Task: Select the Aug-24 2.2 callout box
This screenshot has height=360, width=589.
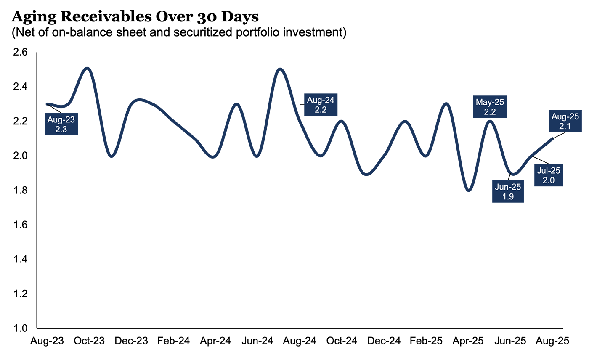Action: tap(321, 105)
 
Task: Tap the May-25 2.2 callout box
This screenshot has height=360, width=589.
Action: tap(490, 107)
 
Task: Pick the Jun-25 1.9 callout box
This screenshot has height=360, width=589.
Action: tap(508, 192)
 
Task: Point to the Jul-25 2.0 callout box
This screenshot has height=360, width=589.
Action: tap(549, 175)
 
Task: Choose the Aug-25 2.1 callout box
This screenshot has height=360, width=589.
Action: tap(565, 122)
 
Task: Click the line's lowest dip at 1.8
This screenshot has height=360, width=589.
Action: tap(469, 191)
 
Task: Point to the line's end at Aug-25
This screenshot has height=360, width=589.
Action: tap(552, 139)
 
